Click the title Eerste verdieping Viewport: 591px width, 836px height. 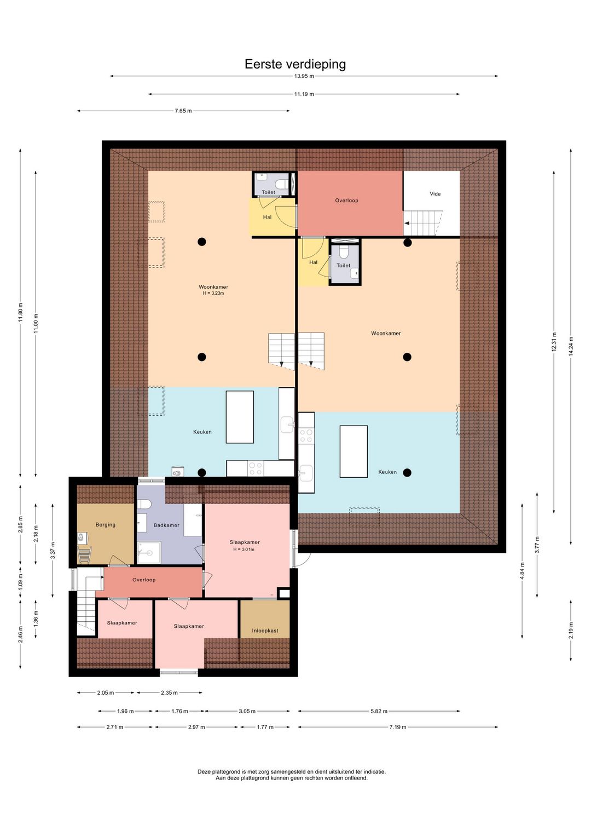click(295, 64)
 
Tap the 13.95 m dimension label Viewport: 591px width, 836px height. click(304, 76)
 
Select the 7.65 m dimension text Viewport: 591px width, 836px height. click(183, 111)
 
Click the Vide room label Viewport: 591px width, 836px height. click(434, 194)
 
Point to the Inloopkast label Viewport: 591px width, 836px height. click(265, 631)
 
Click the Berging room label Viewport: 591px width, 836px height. click(106, 524)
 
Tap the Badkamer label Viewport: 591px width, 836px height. click(166, 525)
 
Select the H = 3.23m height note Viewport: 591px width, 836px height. click(213, 293)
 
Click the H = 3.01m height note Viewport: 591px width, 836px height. click(244, 549)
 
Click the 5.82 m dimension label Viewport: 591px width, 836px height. click(379, 711)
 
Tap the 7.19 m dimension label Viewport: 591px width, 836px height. click(398, 726)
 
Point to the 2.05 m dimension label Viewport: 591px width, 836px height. click(106, 692)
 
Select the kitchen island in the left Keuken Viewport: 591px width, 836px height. click(240, 417)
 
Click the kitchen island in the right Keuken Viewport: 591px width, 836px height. click(354, 451)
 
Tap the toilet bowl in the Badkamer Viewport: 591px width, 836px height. click(144, 504)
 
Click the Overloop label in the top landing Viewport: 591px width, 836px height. click(346, 201)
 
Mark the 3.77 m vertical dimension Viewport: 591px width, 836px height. click(537, 545)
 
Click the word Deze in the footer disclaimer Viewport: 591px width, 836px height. click(204, 771)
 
